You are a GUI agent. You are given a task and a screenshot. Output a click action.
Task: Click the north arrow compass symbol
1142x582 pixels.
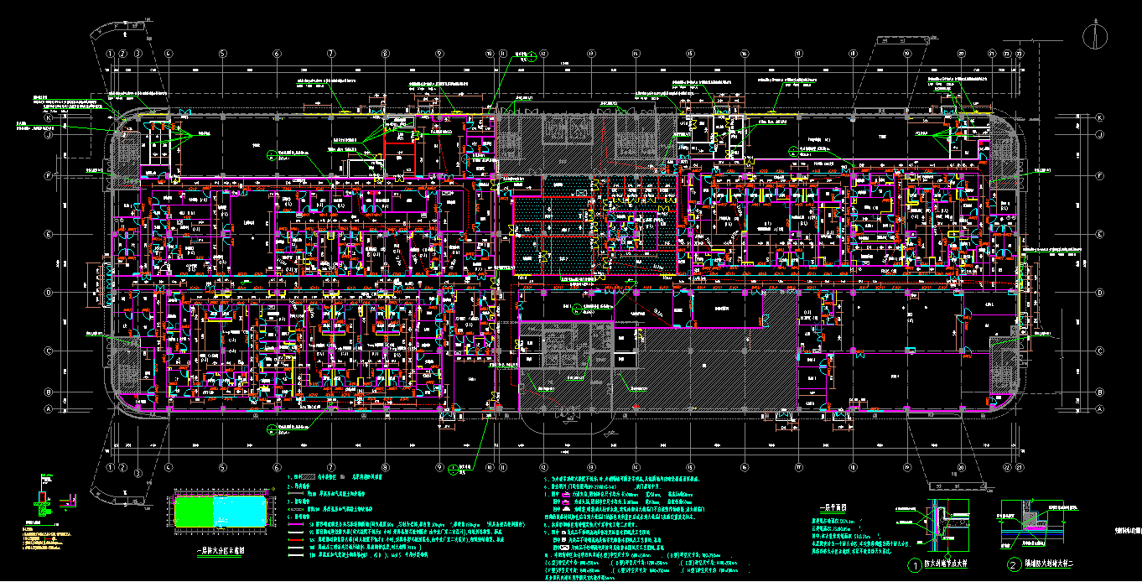click(x=1093, y=34)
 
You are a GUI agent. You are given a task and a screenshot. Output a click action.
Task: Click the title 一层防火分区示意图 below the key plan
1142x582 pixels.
click(x=219, y=550)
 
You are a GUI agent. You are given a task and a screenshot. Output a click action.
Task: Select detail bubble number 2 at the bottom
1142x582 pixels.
click(x=1014, y=566)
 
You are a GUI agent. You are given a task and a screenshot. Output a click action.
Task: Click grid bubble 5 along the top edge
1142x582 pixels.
click(x=222, y=54)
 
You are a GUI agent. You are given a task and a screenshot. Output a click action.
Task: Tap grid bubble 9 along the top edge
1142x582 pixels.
click(x=439, y=54)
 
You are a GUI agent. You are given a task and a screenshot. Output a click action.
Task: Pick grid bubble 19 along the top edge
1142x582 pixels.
click(x=907, y=54)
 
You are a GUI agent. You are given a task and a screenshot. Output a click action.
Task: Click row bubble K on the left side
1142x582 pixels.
click(x=49, y=118)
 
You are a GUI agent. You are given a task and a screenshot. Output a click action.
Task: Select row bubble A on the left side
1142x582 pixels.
click(x=49, y=409)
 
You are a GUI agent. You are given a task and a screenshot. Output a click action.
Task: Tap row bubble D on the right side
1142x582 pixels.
click(x=1099, y=293)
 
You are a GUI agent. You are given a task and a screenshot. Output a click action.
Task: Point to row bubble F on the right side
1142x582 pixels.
click(x=1099, y=176)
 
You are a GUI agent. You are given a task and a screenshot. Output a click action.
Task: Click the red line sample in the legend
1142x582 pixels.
click(x=294, y=541)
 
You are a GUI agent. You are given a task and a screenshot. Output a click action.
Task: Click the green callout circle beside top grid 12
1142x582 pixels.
click(x=531, y=56)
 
